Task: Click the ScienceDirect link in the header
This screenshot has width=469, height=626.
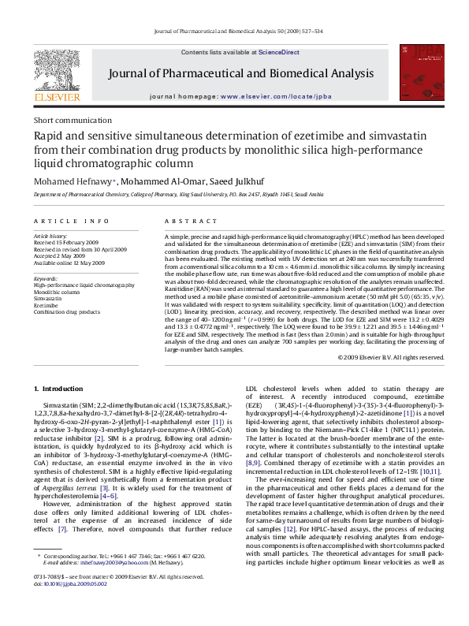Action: click(x=281, y=52)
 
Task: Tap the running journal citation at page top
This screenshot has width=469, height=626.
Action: click(x=234, y=31)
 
